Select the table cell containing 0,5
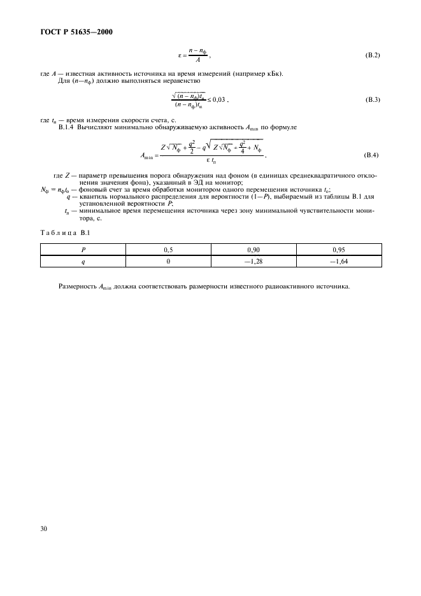(168, 250)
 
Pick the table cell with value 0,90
(253, 250)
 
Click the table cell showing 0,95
(339, 250)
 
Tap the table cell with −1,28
(253, 260)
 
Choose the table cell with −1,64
(339, 260)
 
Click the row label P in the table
(83, 250)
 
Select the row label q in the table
(83, 260)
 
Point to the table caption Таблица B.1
(62, 233)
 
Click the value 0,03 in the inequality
(218, 99)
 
